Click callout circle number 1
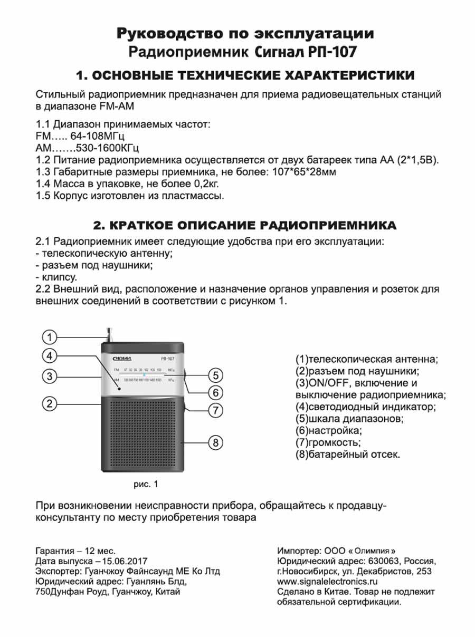[49, 337]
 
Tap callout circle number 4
[49, 355]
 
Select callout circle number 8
[215, 443]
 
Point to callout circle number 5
[215, 375]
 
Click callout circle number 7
[215, 410]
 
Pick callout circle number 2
[49, 404]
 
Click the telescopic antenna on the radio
[109, 334]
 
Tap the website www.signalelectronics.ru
[328, 582]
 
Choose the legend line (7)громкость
[328, 442]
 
